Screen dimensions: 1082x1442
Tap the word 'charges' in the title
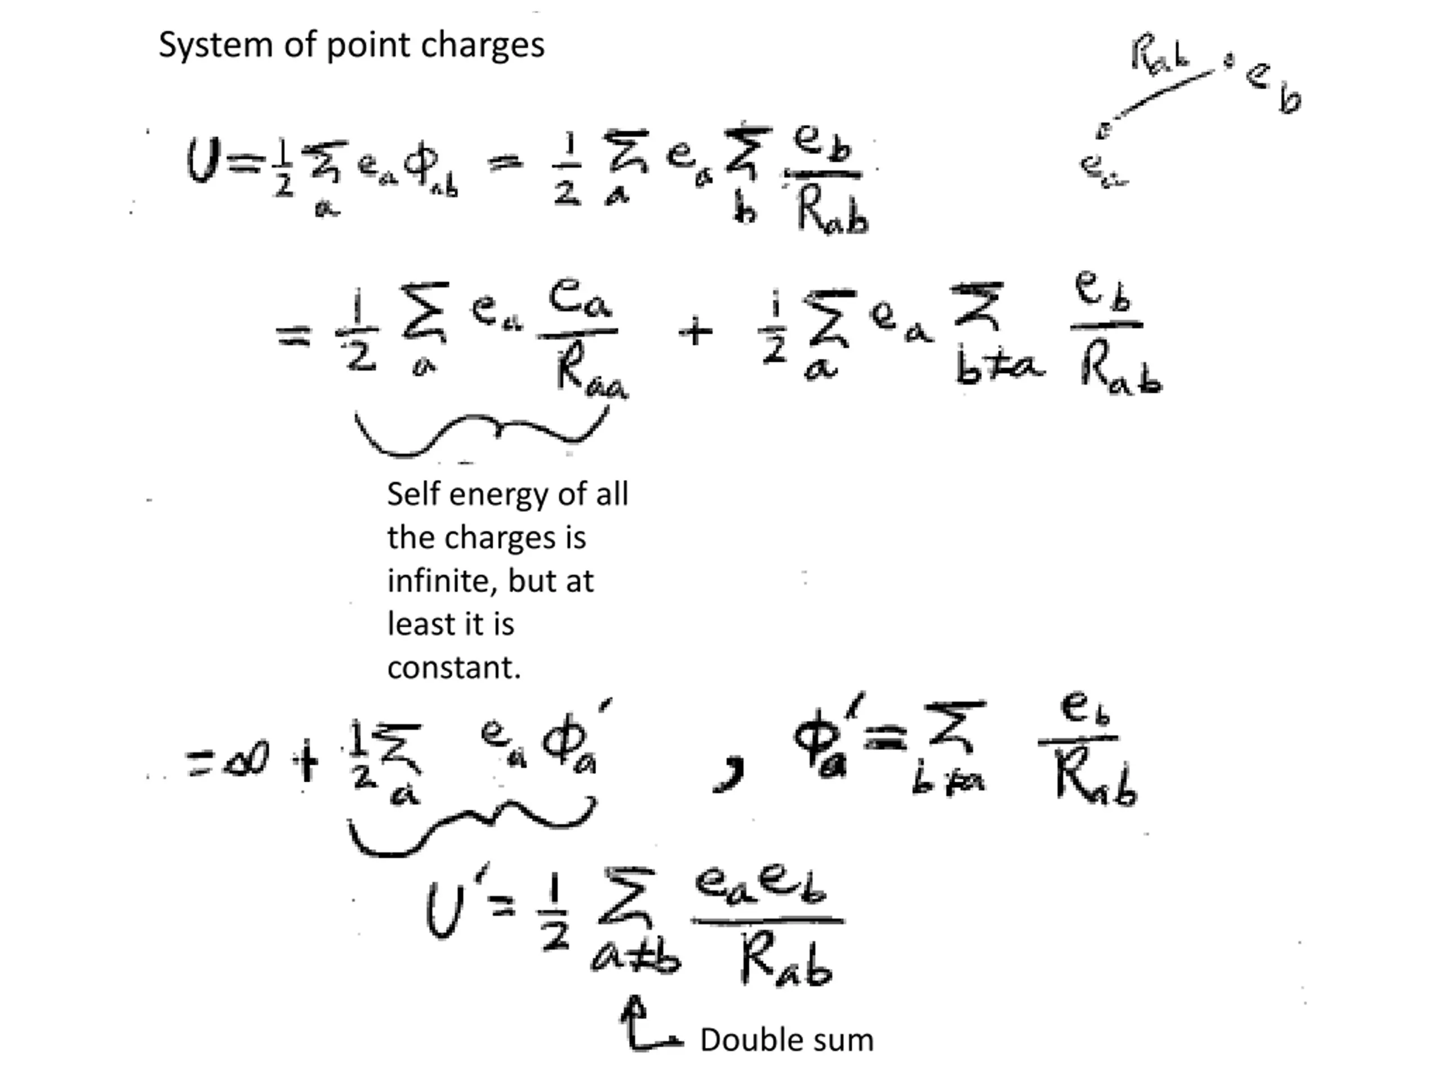[x=482, y=46]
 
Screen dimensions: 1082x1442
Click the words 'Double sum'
[x=786, y=1040]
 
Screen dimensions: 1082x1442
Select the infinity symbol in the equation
[x=245, y=760]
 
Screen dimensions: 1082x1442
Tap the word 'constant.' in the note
[x=453, y=667]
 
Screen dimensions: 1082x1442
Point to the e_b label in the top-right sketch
[x=1271, y=88]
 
